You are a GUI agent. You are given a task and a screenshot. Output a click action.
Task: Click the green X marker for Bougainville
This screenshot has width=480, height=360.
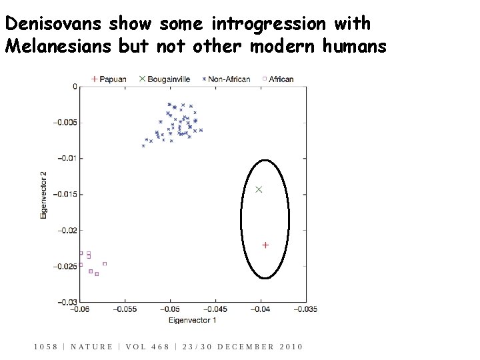click(x=259, y=190)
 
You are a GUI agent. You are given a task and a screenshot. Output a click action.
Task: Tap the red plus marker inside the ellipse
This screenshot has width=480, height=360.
click(x=265, y=245)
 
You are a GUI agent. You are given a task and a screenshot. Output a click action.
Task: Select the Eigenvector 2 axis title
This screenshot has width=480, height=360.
click(x=44, y=195)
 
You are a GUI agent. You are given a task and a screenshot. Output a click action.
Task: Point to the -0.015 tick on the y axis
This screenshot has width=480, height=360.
click(x=66, y=194)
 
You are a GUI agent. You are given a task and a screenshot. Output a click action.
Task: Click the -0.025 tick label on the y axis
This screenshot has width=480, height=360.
click(x=66, y=267)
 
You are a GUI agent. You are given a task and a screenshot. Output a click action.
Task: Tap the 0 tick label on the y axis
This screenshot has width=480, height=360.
click(x=75, y=87)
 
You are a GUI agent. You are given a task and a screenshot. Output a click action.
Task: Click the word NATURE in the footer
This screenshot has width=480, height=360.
click(x=91, y=347)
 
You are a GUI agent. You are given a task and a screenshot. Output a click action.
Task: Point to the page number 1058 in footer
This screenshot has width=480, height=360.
click(x=46, y=347)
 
